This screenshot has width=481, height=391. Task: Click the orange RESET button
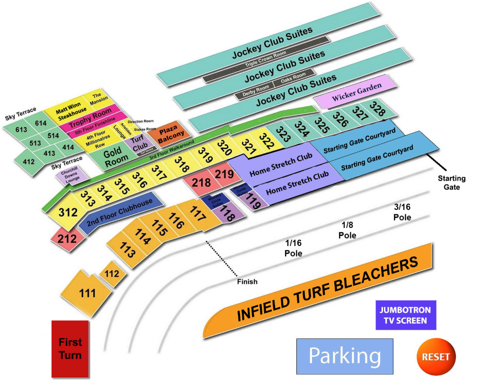(x=436, y=356)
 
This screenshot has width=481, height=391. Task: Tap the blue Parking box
(x=345, y=356)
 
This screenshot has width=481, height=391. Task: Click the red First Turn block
(x=70, y=349)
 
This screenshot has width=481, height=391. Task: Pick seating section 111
(x=86, y=293)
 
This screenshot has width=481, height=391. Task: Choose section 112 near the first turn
(x=112, y=274)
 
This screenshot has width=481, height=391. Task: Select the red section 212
(x=67, y=238)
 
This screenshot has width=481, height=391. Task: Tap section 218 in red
(x=200, y=183)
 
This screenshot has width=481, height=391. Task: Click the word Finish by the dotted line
(x=247, y=282)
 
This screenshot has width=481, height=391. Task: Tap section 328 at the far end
(x=377, y=109)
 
